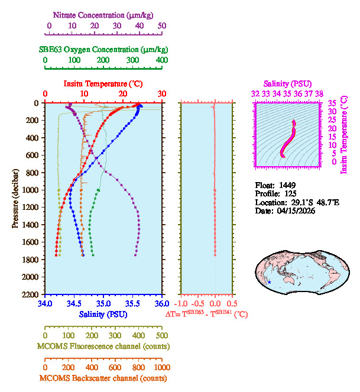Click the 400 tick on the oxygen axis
[x=161, y=60]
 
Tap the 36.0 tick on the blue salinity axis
[x=161, y=304]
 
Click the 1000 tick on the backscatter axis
[x=161, y=367]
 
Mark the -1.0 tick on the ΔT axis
[x=182, y=304]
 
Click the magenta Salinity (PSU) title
[x=286, y=84]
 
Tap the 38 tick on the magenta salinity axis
[x=319, y=93]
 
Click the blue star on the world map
[x=270, y=282]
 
